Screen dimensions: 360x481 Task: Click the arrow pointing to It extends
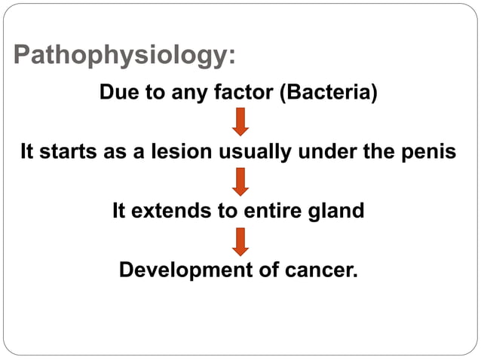pyautogui.click(x=240, y=182)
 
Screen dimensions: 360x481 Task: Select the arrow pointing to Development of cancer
pyautogui.click(x=240, y=241)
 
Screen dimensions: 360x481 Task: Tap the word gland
pyautogui.click(x=336, y=211)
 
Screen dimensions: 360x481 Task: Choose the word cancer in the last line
pyautogui.click(x=323, y=270)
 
